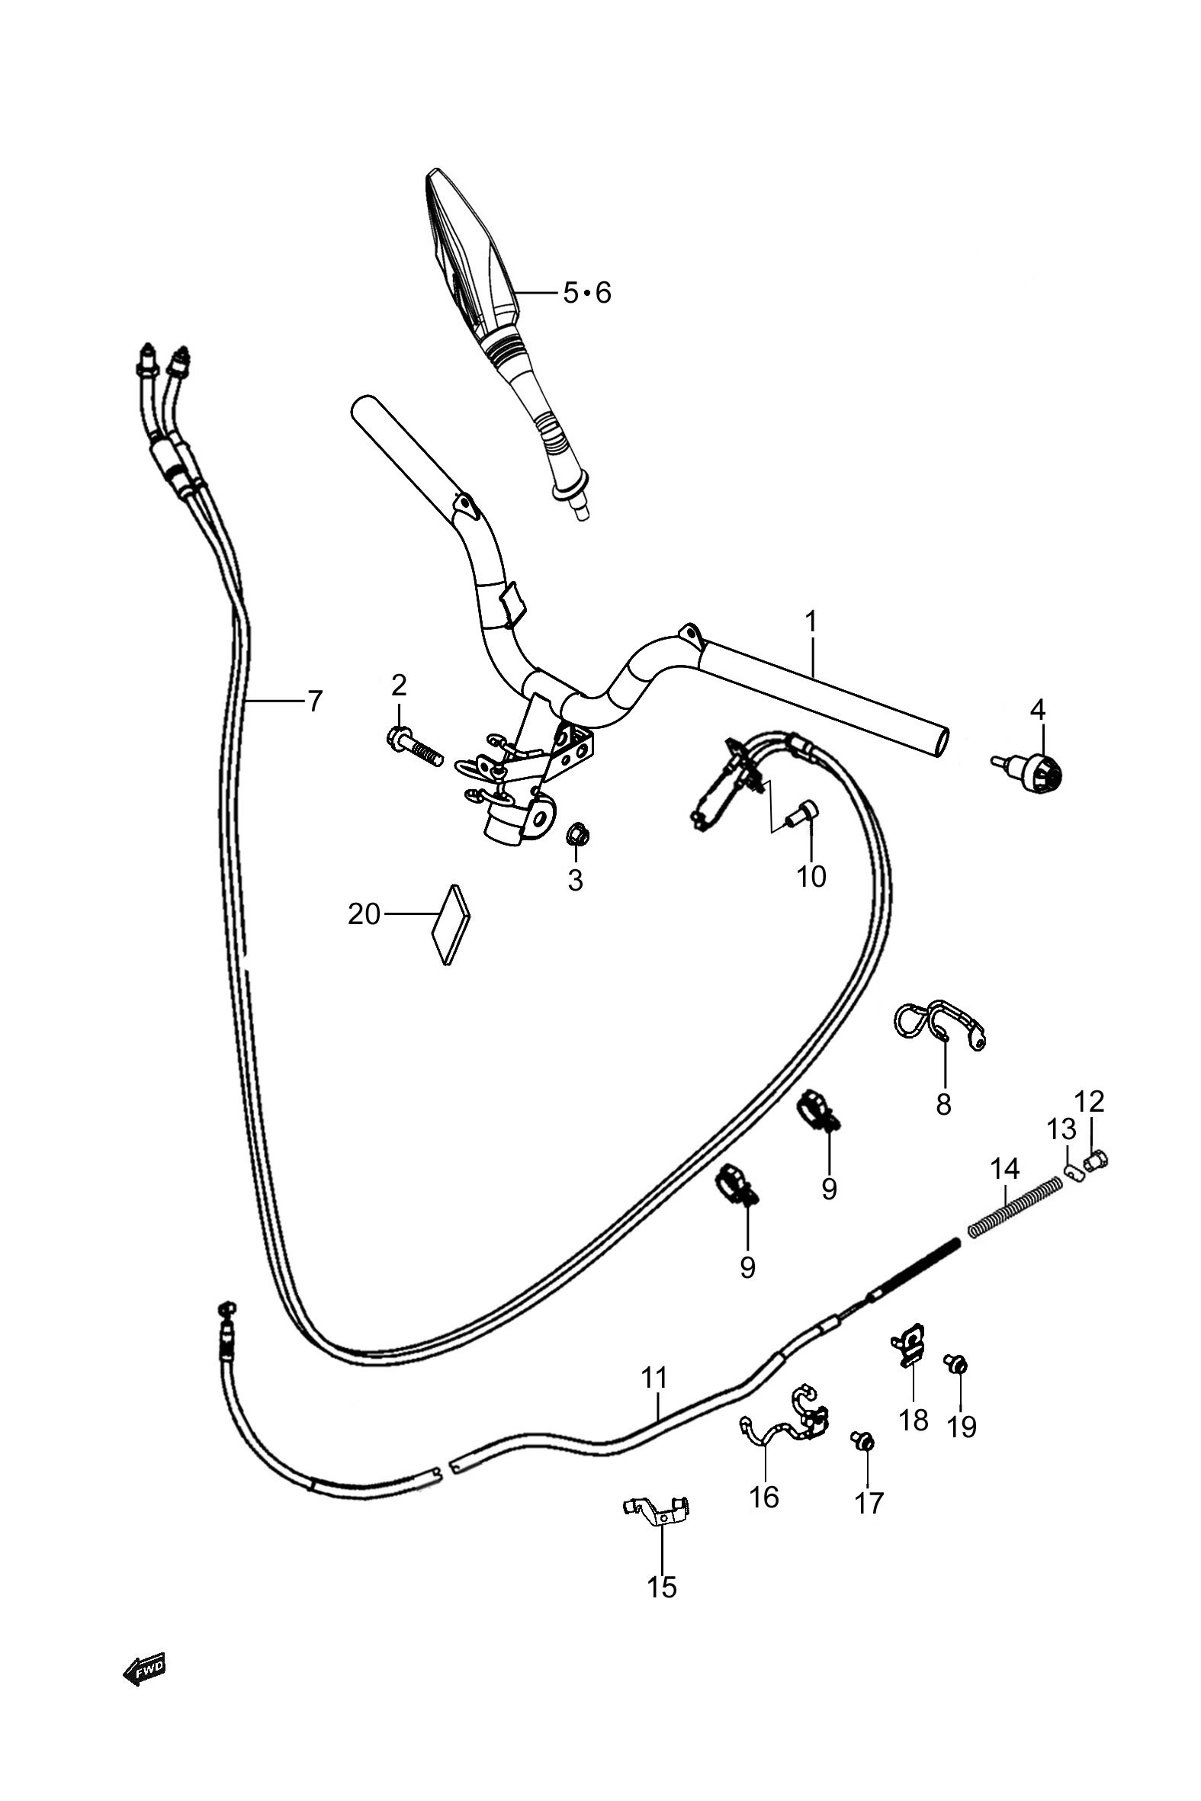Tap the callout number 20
[x=364, y=913]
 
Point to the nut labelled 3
[x=575, y=834]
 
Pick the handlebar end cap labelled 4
[x=1030, y=768]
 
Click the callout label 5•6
[x=587, y=293]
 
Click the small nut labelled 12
[x=1097, y=1162]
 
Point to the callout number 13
[x=1061, y=1128]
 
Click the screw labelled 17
[x=862, y=1442]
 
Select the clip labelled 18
[x=909, y=1340]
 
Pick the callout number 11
[x=654, y=1378]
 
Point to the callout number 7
[x=315, y=700]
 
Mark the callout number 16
[x=763, y=1495]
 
